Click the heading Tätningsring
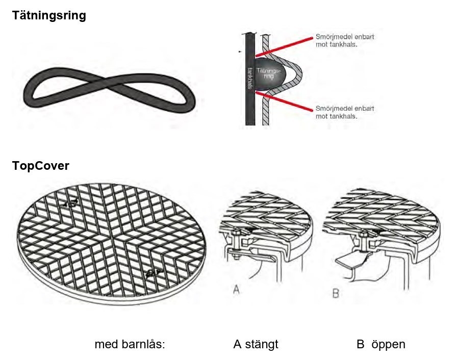pos(49,16)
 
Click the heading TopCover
pos(40,166)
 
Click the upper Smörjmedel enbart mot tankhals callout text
pos(345,41)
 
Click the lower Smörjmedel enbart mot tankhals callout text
pos(345,112)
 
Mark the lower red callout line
pos(286,101)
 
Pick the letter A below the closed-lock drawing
pos(236,290)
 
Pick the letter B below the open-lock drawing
pos(336,294)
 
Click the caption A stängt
pos(256,344)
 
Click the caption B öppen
pos(380,344)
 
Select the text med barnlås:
pos(130,344)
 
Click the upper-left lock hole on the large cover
pos(71,203)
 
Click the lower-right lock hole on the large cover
pos(151,274)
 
